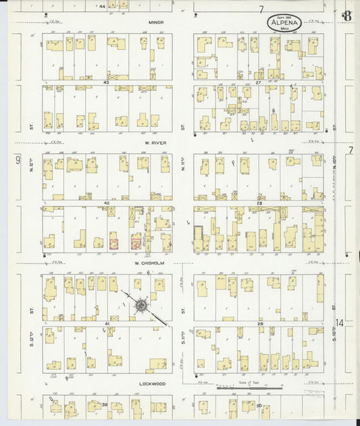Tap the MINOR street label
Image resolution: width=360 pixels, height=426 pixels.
(157, 22)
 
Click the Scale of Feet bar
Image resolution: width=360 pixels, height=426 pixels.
(249, 388)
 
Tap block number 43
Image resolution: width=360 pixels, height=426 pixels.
(106, 82)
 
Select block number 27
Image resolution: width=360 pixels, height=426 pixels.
(258, 82)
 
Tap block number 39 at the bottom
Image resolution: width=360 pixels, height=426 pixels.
(105, 404)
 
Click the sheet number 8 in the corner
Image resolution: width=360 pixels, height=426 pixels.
(346, 15)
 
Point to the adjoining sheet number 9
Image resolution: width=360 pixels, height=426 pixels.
(18, 160)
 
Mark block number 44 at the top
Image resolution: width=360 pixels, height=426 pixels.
(102, 6)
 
